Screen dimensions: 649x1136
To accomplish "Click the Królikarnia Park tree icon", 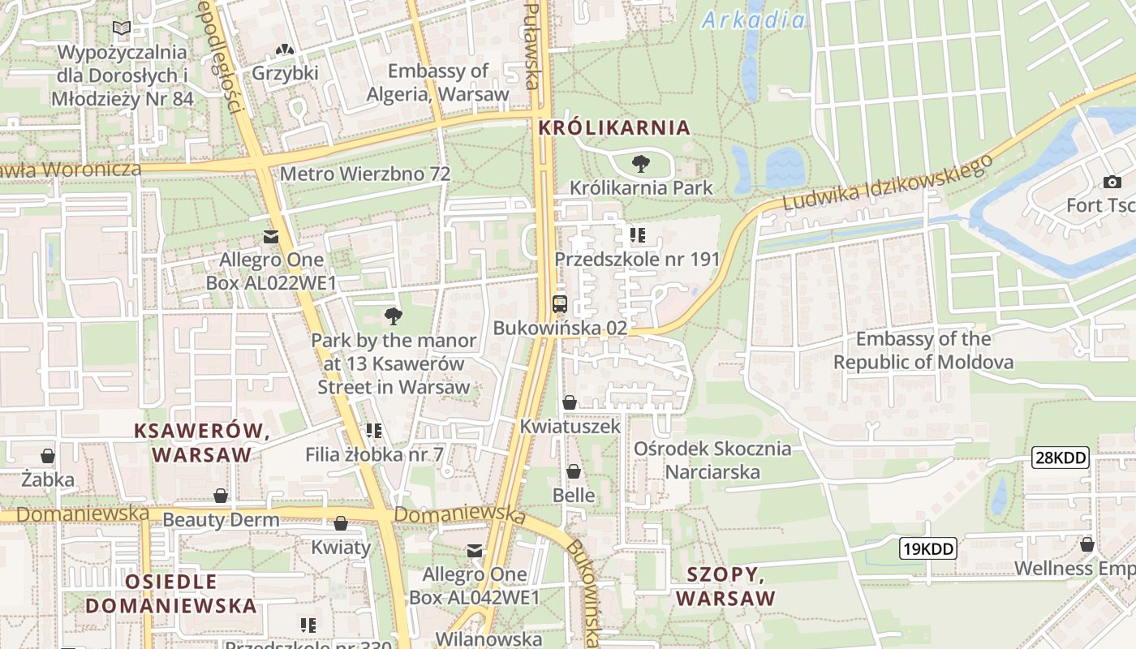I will pyautogui.click(x=640, y=164).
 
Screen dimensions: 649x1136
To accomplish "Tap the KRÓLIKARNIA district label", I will pyautogui.click(x=614, y=127).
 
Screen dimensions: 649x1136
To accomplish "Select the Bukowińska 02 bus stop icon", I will pyautogui.click(x=560, y=305).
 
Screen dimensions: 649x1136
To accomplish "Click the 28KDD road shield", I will pyautogui.click(x=1061, y=458).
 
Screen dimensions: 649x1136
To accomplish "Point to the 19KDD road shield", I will pyautogui.click(x=928, y=548).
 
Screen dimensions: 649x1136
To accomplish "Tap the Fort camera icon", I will pyautogui.click(x=1112, y=182).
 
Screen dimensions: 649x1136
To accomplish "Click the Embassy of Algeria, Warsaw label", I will pyautogui.click(x=438, y=83).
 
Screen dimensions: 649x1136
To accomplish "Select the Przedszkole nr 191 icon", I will pyautogui.click(x=638, y=235).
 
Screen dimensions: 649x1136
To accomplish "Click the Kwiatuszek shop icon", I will pyautogui.click(x=570, y=402).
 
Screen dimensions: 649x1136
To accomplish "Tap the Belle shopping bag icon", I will pyautogui.click(x=574, y=471).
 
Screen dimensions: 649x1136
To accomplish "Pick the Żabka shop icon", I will pyautogui.click(x=48, y=456).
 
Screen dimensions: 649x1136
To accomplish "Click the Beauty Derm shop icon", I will pyautogui.click(x=221, y=496).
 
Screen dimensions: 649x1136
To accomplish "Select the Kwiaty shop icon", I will pyautogui.click(x=341, y=523).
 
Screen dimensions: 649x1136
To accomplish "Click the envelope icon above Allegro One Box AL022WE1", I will pyautogui.click(x=271, y=237).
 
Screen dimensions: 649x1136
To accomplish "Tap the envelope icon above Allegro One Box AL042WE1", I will pyautogui.click(x=475, y=552).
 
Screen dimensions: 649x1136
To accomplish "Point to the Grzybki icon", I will pyautogui.click(x=285, y=50).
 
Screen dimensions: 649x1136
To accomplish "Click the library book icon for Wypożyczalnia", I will pyautogui.click(x=122, y=29).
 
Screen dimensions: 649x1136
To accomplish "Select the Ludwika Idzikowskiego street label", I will pyautogui.click(x=889, y=183).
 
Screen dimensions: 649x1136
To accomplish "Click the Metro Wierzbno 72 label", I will pyautogui.click(x=365, y=174).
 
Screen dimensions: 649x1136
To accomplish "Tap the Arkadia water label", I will pyautogui.click(x=754, y=20).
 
